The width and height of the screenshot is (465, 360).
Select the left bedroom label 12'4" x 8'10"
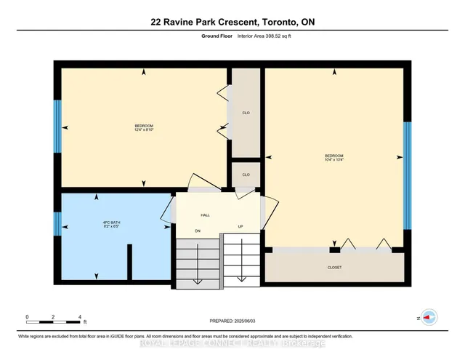click(143, 128)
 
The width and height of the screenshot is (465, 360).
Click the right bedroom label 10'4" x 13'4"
click(333, 158)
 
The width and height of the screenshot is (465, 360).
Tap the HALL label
click(205, 215)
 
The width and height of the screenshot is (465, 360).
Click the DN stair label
click(197, 231)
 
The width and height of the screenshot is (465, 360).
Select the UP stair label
click(240, 227)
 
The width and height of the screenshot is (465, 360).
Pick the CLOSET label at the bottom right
click(333, 268)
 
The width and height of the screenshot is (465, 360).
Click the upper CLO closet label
click(246, 113)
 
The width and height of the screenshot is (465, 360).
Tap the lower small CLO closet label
click(246, 175)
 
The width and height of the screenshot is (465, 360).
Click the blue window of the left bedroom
click(57, 125)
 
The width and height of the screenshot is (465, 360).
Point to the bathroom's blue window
click(57, 225)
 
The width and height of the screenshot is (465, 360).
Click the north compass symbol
click(429, 317)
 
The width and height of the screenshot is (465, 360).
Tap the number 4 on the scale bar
click(79, 317)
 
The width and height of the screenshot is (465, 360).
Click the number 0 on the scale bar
click(27, 317)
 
